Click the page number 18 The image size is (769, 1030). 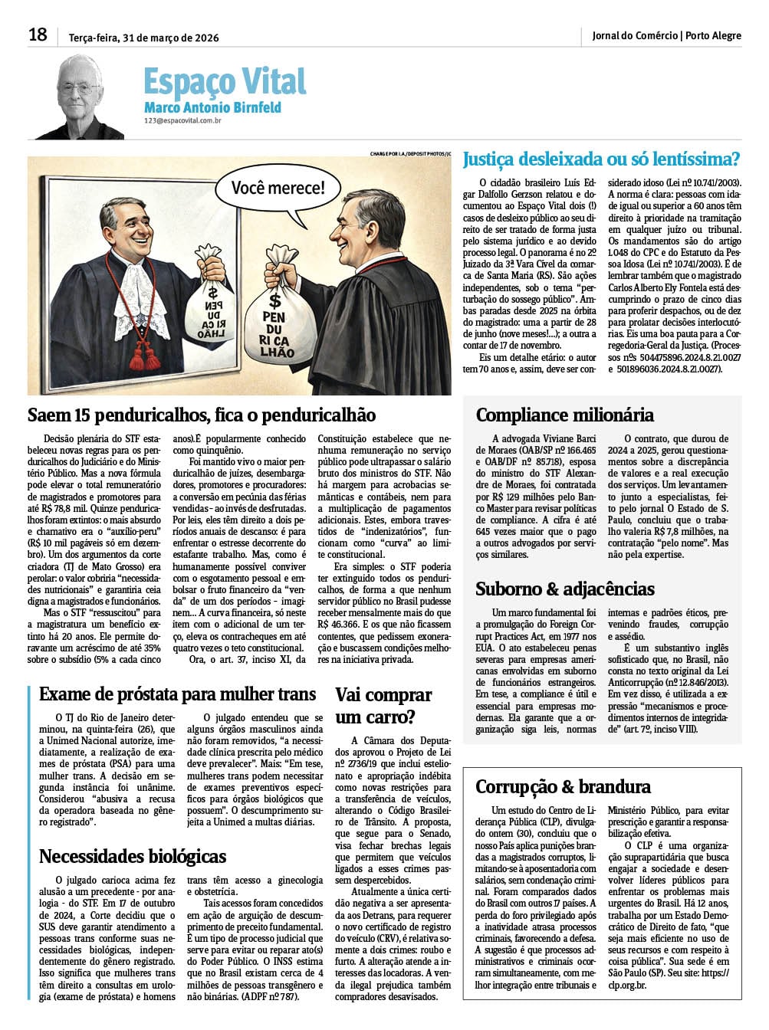(38, 34)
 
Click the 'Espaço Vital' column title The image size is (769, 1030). (224, 81)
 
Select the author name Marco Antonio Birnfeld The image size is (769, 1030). (212, 108)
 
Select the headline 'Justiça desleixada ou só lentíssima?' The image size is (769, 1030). (600, 159)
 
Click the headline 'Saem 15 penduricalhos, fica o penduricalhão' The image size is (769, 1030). (202, 415)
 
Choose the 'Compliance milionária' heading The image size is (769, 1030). (564, 415)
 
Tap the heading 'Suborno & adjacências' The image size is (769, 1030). (564, 589)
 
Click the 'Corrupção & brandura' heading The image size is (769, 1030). (563, 786)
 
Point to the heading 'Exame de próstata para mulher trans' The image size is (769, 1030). (177, 694)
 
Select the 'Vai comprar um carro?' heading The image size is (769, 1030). (383, 706)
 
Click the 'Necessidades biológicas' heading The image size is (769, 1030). (133, 856)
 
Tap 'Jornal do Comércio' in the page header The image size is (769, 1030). (634, 35)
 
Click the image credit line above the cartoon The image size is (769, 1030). (409, 154)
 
